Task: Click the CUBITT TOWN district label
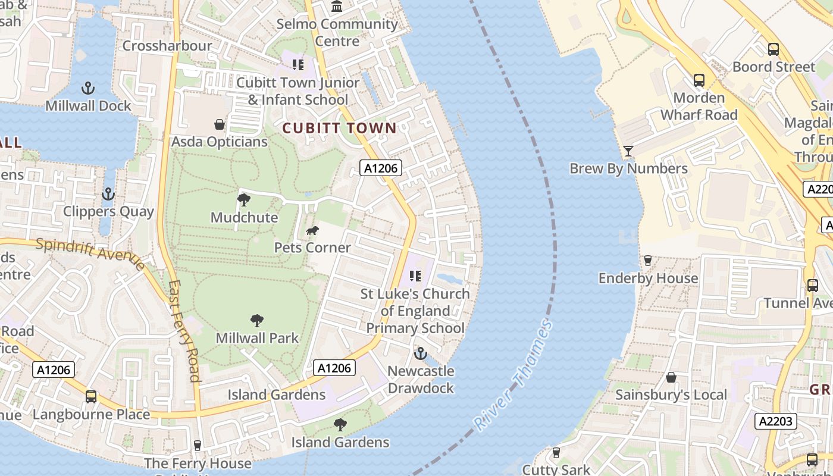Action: pos(339,128)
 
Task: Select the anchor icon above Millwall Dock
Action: pos(88,89)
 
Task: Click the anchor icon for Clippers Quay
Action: pos(108,194)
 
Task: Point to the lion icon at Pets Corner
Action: pos(312,231)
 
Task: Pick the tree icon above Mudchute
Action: pos(244,200)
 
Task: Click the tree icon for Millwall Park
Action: pos(257,321)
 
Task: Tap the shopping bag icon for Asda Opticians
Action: pos(220,124)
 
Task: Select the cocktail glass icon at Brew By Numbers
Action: pos(628,151)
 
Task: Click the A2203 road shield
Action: pos(776,421)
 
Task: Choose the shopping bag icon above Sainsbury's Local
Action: pos(671,377)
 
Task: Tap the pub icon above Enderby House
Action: pos(648,261)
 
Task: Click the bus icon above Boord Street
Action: pos(773,49)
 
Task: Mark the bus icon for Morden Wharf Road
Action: pos(699,80)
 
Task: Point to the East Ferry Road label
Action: pos(184,330)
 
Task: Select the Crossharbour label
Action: pos(167,46)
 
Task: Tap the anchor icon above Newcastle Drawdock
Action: pos(421,353)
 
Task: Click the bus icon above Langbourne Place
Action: pos(91,397)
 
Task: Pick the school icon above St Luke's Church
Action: pos(415,276)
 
